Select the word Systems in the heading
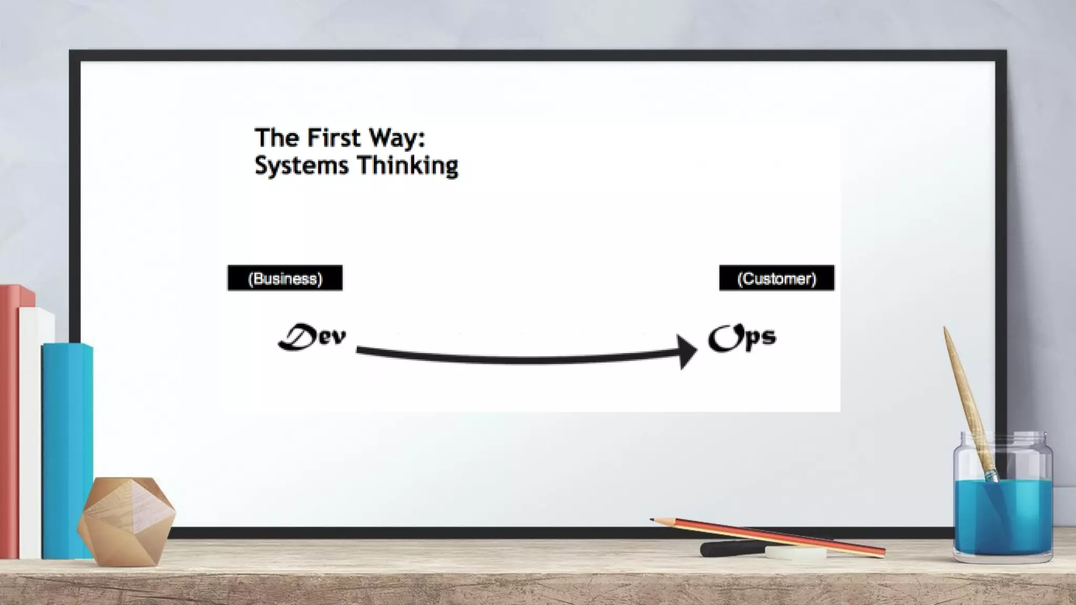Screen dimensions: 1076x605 pyautogui.click(x=301, y=166)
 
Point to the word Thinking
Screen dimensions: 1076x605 pyautogui.click(x=407, y=166)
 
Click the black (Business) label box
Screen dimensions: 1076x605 pyautogui.click(x=285, y=278)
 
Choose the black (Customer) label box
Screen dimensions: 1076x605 pyautogui.click(x=777, y=278)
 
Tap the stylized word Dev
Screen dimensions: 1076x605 pyautogui.click(x=312, y=337)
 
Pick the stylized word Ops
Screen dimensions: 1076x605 pyautogui.click(x=742, y=338)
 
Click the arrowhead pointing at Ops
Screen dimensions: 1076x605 pyautogui.click(x=687, y=351)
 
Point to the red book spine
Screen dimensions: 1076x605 pyautogui.click(x=9, y=420)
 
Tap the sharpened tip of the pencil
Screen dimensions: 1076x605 pyautogui.click(x=653, y=520)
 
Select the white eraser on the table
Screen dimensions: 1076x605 pyautogui.click(x=795, y=552)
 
